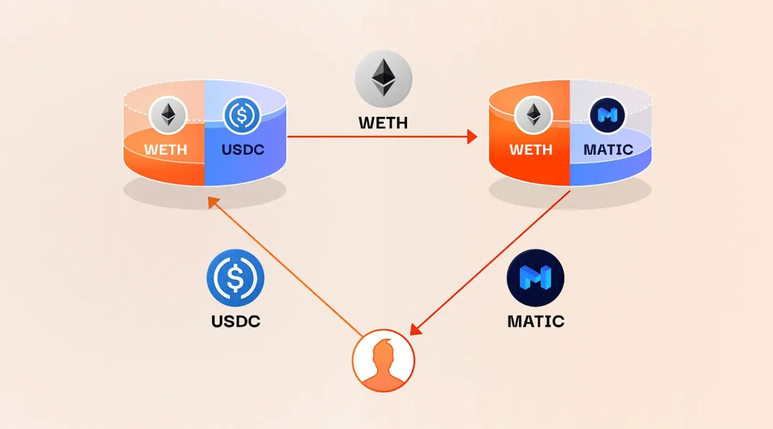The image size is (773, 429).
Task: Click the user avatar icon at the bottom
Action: [383, 361]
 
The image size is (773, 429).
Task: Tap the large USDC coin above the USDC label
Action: [235, 278]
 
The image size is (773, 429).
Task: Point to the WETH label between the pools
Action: [383, 122]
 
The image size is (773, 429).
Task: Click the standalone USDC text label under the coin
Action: [235, 321]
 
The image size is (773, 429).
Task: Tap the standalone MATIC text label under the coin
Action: [535, 321]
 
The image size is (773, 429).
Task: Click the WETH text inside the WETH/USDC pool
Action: [165, 150]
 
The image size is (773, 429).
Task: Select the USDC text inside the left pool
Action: [242, 150]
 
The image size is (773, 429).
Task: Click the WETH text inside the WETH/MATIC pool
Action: [531, 150]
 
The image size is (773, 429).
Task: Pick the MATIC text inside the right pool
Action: [608, 150]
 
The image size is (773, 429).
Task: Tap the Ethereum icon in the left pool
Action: [168, 115]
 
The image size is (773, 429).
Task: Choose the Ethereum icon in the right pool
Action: [533, 115]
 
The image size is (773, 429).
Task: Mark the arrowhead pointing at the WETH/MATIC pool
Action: [472, 136]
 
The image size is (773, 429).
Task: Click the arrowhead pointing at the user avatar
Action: [416, 329]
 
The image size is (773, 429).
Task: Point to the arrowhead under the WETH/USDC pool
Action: [213, 201]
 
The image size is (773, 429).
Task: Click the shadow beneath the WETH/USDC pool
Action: [205, 194]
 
